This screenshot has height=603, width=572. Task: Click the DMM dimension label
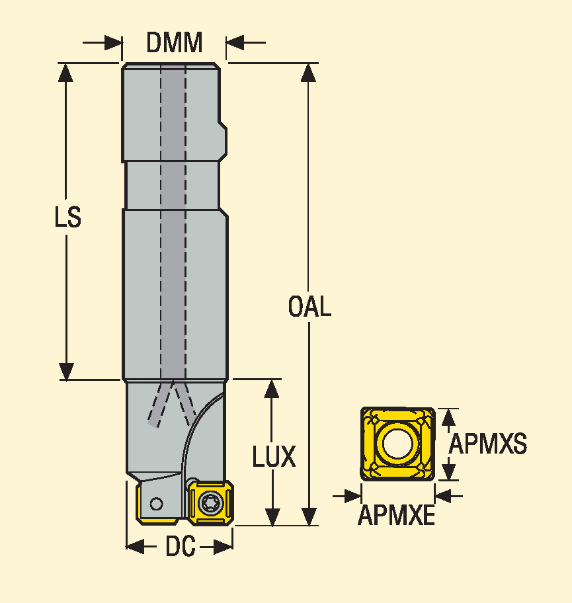[174, 43]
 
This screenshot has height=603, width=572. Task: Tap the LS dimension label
[67, 218]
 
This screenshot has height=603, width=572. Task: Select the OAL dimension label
[309, 307]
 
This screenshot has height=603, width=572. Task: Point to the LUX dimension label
[274, 456]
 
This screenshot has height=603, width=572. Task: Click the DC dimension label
[180, 547]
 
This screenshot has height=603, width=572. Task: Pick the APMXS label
[488, 444]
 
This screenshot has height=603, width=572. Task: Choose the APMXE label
[396, 516]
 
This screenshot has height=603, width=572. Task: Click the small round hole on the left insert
[156, 504]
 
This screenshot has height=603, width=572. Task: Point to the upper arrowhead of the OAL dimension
[308, 72]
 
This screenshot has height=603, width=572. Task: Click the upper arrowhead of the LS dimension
[66, 72]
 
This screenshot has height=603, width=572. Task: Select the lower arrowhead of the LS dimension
[66, 371]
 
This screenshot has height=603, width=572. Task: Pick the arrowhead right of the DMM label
[235, 44]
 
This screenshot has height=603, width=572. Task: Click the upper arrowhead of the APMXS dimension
[449, 417]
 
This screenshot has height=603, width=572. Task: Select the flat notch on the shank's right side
[224, 139]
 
